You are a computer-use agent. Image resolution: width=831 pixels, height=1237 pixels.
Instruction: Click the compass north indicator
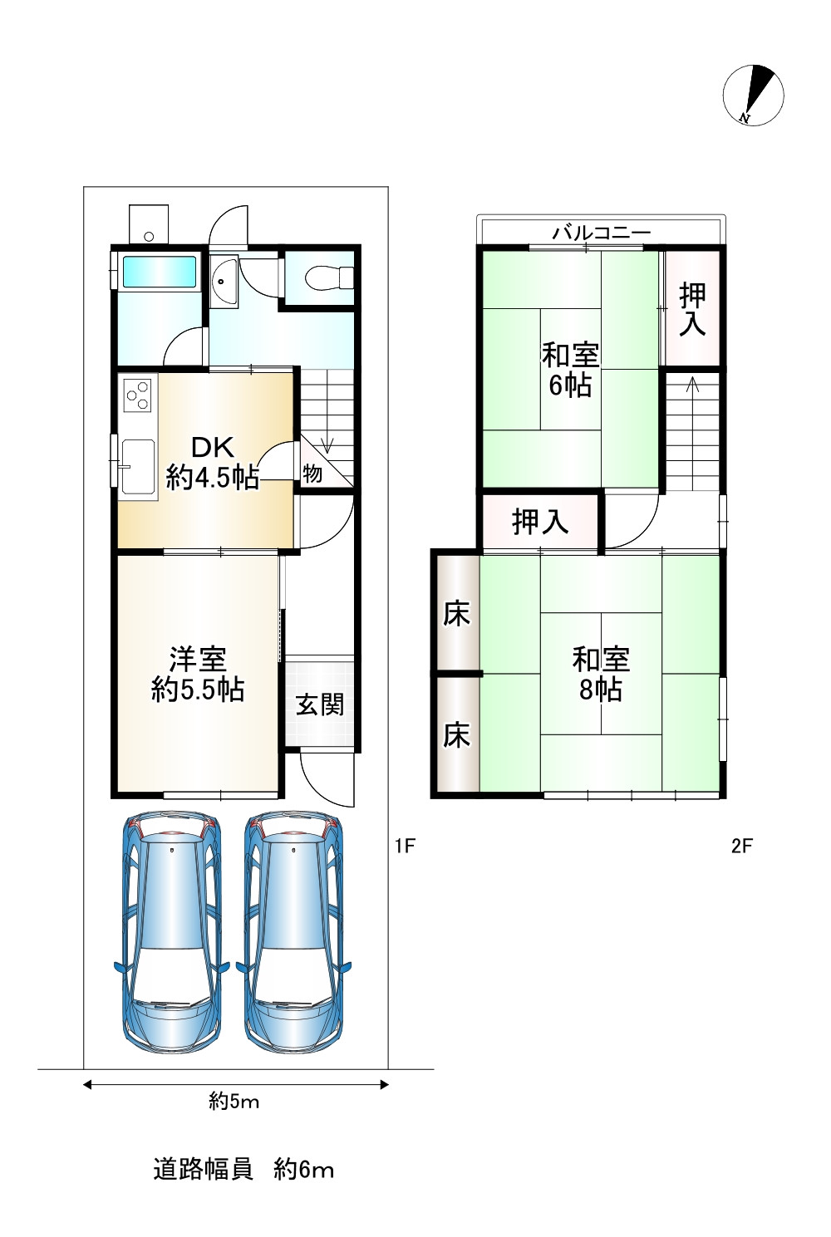click(x=754, y=96)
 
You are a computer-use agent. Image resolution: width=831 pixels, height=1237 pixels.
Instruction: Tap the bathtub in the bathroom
click(x=159, y=271)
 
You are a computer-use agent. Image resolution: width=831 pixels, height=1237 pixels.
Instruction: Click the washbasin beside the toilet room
click(x=224, y=282)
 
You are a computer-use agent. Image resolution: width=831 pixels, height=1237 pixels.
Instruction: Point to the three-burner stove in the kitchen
click(x=138, y=395)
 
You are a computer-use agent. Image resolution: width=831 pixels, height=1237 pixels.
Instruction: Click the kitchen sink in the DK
click(x=138, y=467)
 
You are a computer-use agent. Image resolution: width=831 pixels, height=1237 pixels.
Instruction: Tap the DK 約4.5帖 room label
click(x=213, y=462)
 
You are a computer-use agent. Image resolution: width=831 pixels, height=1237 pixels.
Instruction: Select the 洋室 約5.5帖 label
click(x=198, y=674)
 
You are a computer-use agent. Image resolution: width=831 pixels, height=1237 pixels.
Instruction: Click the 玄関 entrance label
click(x=320, y=704)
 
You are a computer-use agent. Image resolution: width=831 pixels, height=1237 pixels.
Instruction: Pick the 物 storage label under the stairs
click(x=312, y=474)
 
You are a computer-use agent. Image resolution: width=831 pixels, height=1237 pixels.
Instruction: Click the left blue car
click(x=171, y=932)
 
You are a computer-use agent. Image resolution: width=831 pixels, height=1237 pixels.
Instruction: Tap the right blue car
click(x=293, y=932)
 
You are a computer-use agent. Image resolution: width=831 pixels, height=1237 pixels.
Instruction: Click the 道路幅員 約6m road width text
click(x=243, y=1169)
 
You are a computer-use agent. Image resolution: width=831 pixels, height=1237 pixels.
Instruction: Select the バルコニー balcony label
click(x=602, y=233)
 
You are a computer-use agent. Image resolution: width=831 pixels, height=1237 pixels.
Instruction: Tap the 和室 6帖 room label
click(x=571, y=370)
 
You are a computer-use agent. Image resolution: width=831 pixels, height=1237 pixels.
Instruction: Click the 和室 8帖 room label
click(x=601, y=674)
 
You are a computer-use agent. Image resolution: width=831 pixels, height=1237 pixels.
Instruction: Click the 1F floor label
click(x=405, y=846)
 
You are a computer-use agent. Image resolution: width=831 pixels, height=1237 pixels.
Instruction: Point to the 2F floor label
click(x=742, y=846)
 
